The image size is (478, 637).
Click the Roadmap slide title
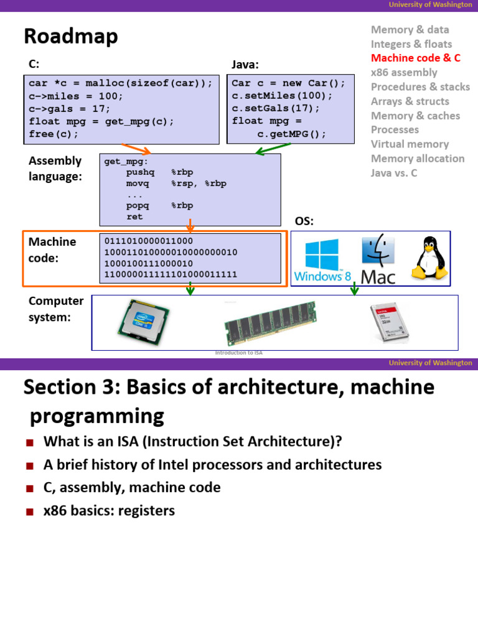click(70, 37)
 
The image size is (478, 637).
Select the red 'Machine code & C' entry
click(415, 58)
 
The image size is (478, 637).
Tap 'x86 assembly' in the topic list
click(404, 72)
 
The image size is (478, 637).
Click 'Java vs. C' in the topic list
click(394, 173)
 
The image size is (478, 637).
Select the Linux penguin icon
click(428, 257)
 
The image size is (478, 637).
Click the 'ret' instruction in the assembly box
click(134, 216)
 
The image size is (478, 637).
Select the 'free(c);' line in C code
click(54, 134)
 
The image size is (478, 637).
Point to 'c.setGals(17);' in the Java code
click(276, 108)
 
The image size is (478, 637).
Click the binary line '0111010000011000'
click(149, 241)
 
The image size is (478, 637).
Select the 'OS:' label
click(304, 222)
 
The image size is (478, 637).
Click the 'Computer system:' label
click(56, 309)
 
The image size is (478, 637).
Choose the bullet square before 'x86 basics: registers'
click(29, 512)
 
